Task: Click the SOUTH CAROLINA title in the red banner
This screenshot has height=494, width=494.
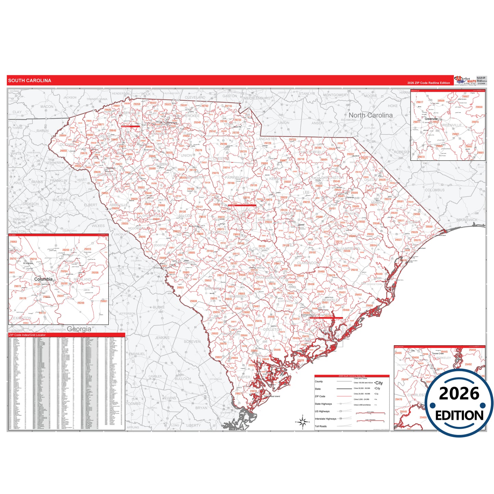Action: pos(30,81)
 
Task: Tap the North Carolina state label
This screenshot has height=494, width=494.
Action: pos(371,115)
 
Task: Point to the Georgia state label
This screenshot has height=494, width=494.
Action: pos(79,329)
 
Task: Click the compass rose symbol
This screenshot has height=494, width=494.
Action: pos(303,422)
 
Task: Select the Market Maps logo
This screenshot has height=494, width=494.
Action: pos(465,81)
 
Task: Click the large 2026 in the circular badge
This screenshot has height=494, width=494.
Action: pos(459,393)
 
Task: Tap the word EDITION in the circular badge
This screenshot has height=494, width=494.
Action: pos(459,415)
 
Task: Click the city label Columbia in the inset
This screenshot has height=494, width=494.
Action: pos(43,279)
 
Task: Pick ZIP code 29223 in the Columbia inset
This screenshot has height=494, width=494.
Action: pos(88,249)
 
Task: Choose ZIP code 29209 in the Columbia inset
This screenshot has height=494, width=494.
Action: pos(81,303)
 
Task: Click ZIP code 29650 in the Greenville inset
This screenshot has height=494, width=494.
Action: pos(479,107)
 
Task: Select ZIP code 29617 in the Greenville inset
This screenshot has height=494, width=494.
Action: pos(419,102)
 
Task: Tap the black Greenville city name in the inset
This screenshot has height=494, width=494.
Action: pos(431,119)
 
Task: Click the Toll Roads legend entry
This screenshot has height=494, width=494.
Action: pos(321,426)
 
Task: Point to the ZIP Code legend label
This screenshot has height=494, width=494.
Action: pos(320,396)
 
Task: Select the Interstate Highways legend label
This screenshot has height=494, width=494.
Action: pos(325,419)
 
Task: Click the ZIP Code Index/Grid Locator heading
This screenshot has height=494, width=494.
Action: pos(27,335)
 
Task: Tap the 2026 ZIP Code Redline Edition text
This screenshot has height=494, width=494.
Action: pos(428,83)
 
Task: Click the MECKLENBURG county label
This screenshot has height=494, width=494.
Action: pos(257,98)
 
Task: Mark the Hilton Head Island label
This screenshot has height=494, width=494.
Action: pos(272,396)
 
